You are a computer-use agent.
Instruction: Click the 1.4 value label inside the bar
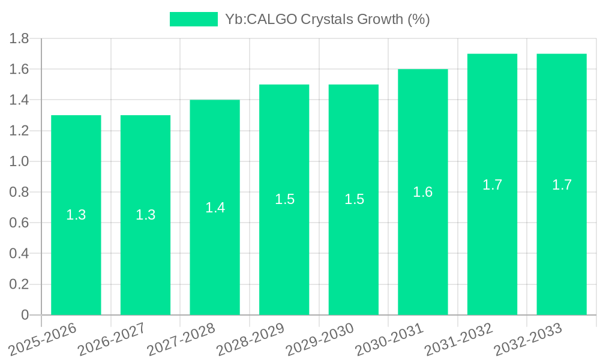pos(215,208)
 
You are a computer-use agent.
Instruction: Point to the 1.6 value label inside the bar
pos(423,192)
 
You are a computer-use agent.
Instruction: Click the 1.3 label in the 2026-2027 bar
pos(145,215)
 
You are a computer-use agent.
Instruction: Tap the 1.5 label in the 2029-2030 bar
pos(354,199)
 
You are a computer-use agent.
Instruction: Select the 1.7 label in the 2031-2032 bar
pos(493,185)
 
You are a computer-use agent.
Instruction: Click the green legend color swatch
pos(193,19)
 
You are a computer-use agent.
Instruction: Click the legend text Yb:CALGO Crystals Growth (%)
pos(327,19)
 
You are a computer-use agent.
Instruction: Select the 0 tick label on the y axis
pos(25,315)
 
